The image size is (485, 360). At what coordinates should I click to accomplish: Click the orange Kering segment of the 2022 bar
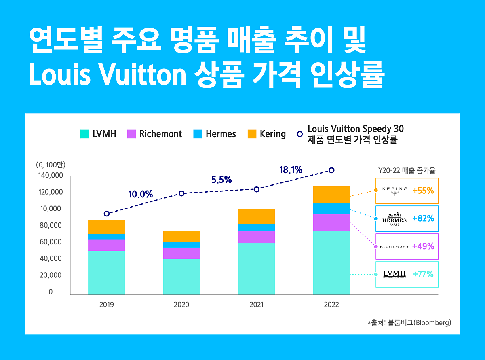pyautogui.click(x=331, y=195)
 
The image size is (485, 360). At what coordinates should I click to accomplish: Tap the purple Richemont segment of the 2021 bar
pyautogui.click(x=257, y=237)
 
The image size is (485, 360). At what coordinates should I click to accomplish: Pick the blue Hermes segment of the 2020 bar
pyautogui.click(x=181, y=244)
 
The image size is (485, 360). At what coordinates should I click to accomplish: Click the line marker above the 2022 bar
pyautogui.click(x=331, y=170)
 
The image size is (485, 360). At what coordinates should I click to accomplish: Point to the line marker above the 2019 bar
pyautogui.click(x=107, y=214)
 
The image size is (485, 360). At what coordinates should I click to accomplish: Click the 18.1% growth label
pyautogui.click(x=291, y=170)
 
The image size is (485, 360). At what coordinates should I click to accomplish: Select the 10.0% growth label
pyautogui.click(x=140, y=195)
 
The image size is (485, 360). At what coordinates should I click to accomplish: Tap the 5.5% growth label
pyautogui.click(x=221, y=180)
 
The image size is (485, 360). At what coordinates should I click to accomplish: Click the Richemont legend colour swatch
pyautogui.click(x=131, y=134)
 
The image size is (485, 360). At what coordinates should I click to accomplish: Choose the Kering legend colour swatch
pyautogui.click(x=252, y=134)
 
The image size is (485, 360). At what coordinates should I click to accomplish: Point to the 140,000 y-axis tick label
pyautogui.click(x=51, y=176)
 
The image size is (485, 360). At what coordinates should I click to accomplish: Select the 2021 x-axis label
pyautogui.click(x=257, y=305)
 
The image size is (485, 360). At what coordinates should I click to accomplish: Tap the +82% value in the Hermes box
pyautogui.click(x=423, y=218)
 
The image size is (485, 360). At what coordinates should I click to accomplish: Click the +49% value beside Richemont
pyautogui.click(x=423, y=246)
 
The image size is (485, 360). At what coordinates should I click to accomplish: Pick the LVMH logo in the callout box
pyautogui.click(x=394, y=274)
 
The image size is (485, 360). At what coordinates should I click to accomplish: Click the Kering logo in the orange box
pyautogui.click(x=394, y=191)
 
